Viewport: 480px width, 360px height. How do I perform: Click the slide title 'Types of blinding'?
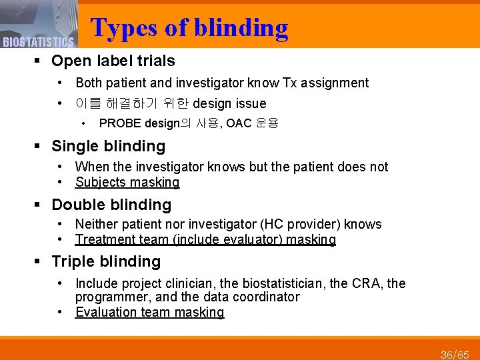click(x=189, y=27)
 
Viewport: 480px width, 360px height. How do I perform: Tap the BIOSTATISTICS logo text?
click(x=37, y=43)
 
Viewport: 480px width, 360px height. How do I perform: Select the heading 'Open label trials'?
click(x=113, y=61)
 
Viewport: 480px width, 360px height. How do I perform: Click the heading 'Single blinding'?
click(x=108, y=146)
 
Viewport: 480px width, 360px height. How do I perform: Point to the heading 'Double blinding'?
click(x=111, y=205)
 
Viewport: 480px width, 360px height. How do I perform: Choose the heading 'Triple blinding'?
click(x=106, y=261)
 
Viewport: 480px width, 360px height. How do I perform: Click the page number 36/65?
click(x=455, y=353)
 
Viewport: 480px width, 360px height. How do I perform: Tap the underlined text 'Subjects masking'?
click(x=127, y=182)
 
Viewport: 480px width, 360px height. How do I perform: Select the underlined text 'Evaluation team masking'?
click(x=149, y=312)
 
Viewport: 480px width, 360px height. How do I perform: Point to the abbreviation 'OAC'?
click(x=239, y=123)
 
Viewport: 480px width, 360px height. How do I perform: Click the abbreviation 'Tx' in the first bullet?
click(x=290, y=83)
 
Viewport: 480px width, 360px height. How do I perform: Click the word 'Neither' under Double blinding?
click(x=95, y=224)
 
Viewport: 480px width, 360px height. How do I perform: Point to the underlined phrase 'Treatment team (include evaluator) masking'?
click(x=205, y=239)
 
